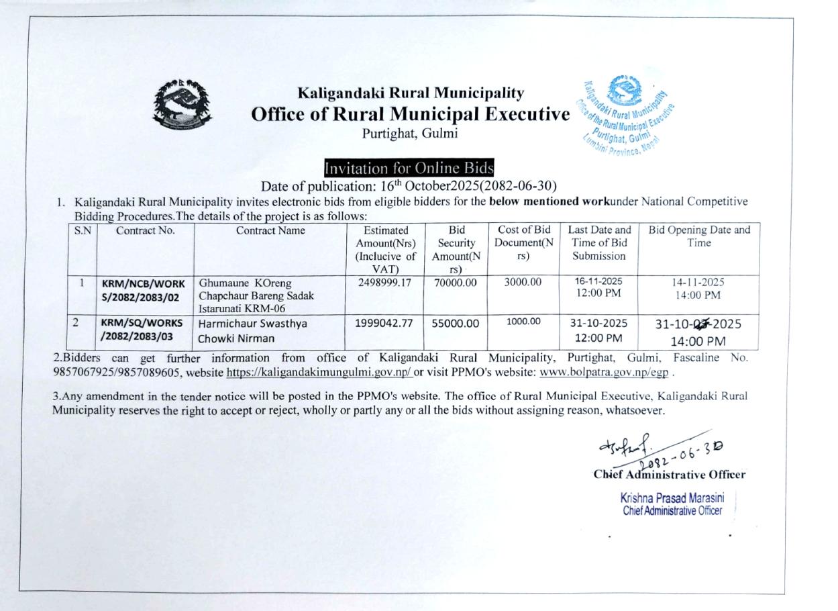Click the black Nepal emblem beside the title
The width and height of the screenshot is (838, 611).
(x=182, y=106)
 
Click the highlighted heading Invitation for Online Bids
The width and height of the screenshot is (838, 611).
(x=409, y=168)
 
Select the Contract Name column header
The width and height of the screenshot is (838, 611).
(x=270, y=231)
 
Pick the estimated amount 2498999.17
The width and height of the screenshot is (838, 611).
(x=385, y=283)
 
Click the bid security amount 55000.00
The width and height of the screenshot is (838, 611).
(x=456, y=324)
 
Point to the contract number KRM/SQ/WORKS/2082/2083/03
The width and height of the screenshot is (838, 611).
(x=142, y=329)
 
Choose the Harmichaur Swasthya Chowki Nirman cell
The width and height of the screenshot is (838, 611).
(x=252, y=330)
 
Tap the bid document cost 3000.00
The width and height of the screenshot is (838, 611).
(x=523, y=283)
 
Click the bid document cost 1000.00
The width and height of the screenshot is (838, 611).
(x=523, y=322)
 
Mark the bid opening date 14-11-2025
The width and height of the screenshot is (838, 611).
(x=698, y=283)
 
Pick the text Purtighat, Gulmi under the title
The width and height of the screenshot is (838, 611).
(x=410, y=133)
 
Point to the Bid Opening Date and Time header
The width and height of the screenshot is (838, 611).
(x=698, y=236)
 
